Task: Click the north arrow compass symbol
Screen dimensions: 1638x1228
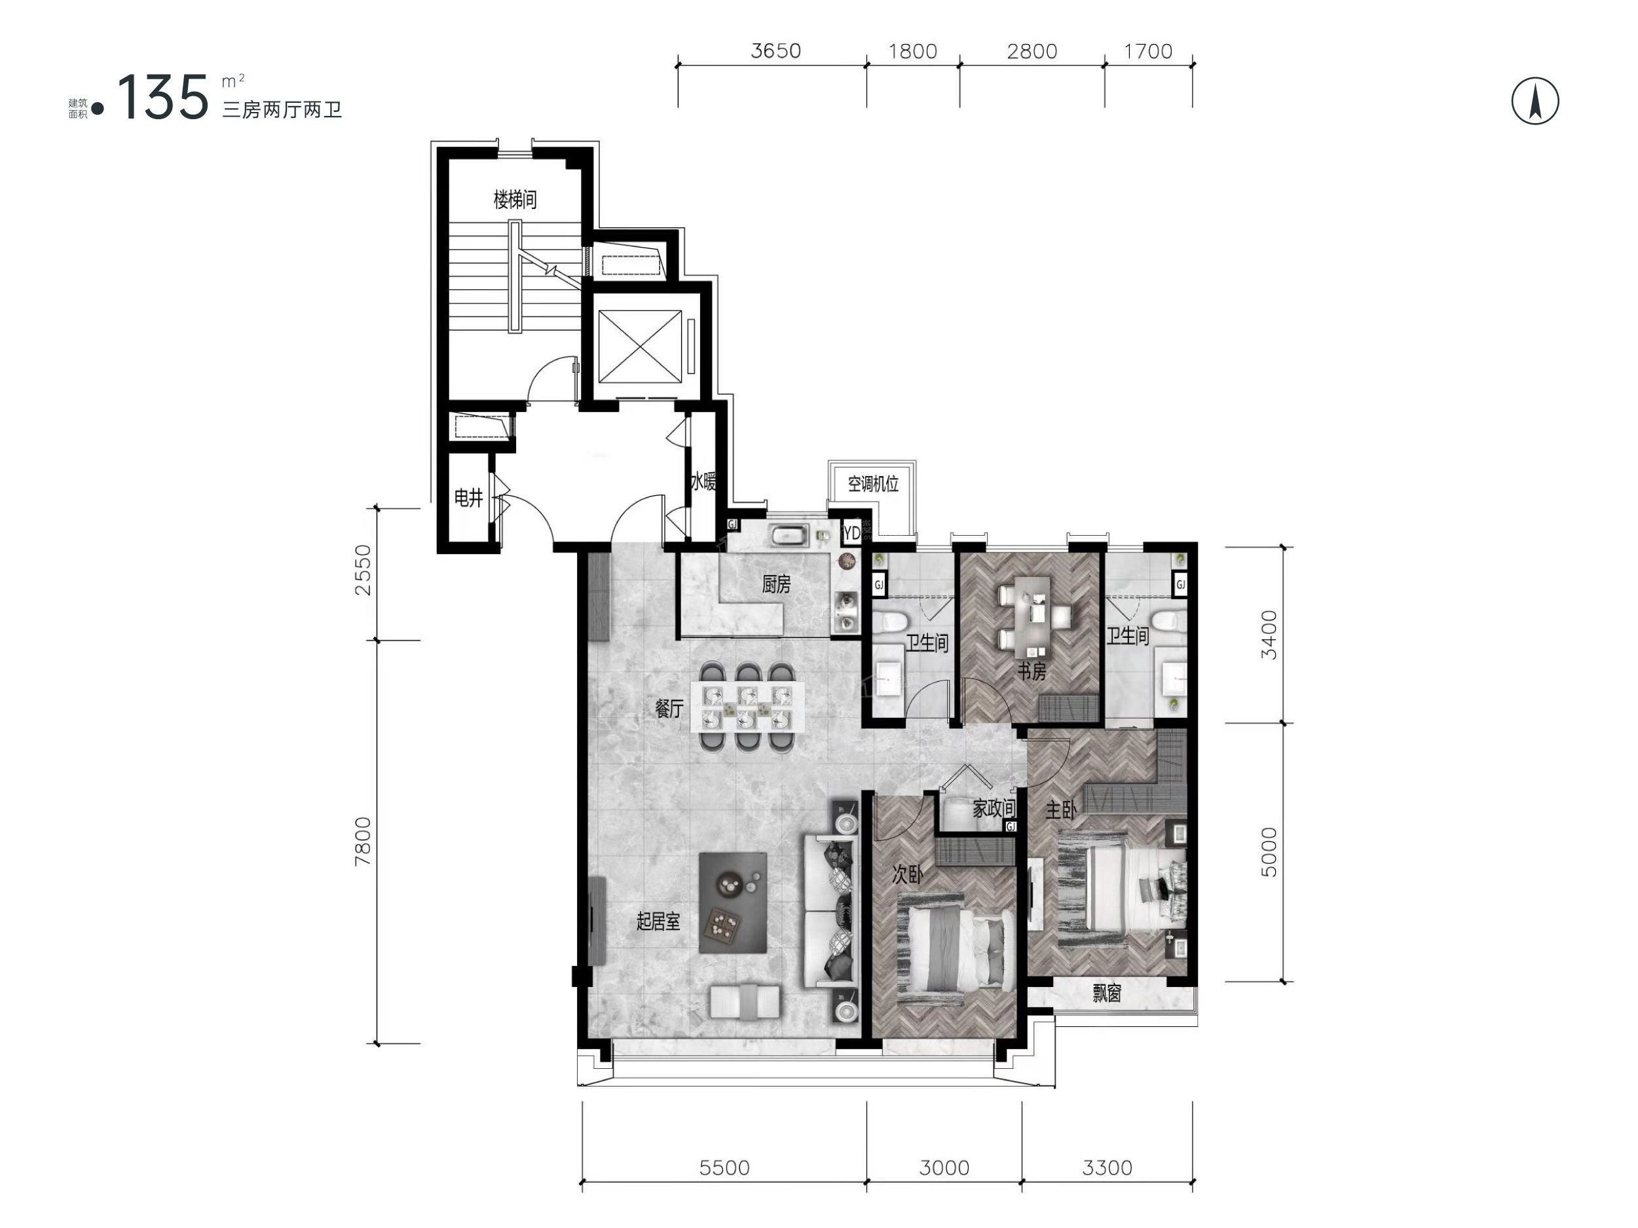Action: (x=1535, y=101)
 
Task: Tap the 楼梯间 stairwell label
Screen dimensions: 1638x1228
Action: (x=515, y=199)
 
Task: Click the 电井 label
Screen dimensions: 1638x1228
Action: (x=469, y=498)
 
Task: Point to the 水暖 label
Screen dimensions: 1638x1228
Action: (x=703, y=482)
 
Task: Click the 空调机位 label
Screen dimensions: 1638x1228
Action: (x=873, y=485)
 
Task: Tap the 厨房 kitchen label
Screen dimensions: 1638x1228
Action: (x=776, y=584)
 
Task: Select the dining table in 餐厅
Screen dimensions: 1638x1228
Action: (x=747, y=707)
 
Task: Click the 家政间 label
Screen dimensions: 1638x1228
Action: (x=994, y=808)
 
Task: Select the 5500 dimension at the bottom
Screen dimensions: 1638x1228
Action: (x=724, y=1168)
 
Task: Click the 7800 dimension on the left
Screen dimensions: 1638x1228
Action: (x=363, y=841)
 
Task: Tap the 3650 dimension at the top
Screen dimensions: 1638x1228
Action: (x=776, y=51)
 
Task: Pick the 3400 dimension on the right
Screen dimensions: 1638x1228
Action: (x=1269, y=635)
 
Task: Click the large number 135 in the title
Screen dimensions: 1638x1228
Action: (x=164, y=97)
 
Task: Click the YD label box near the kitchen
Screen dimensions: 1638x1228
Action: (x=851, y=532)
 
